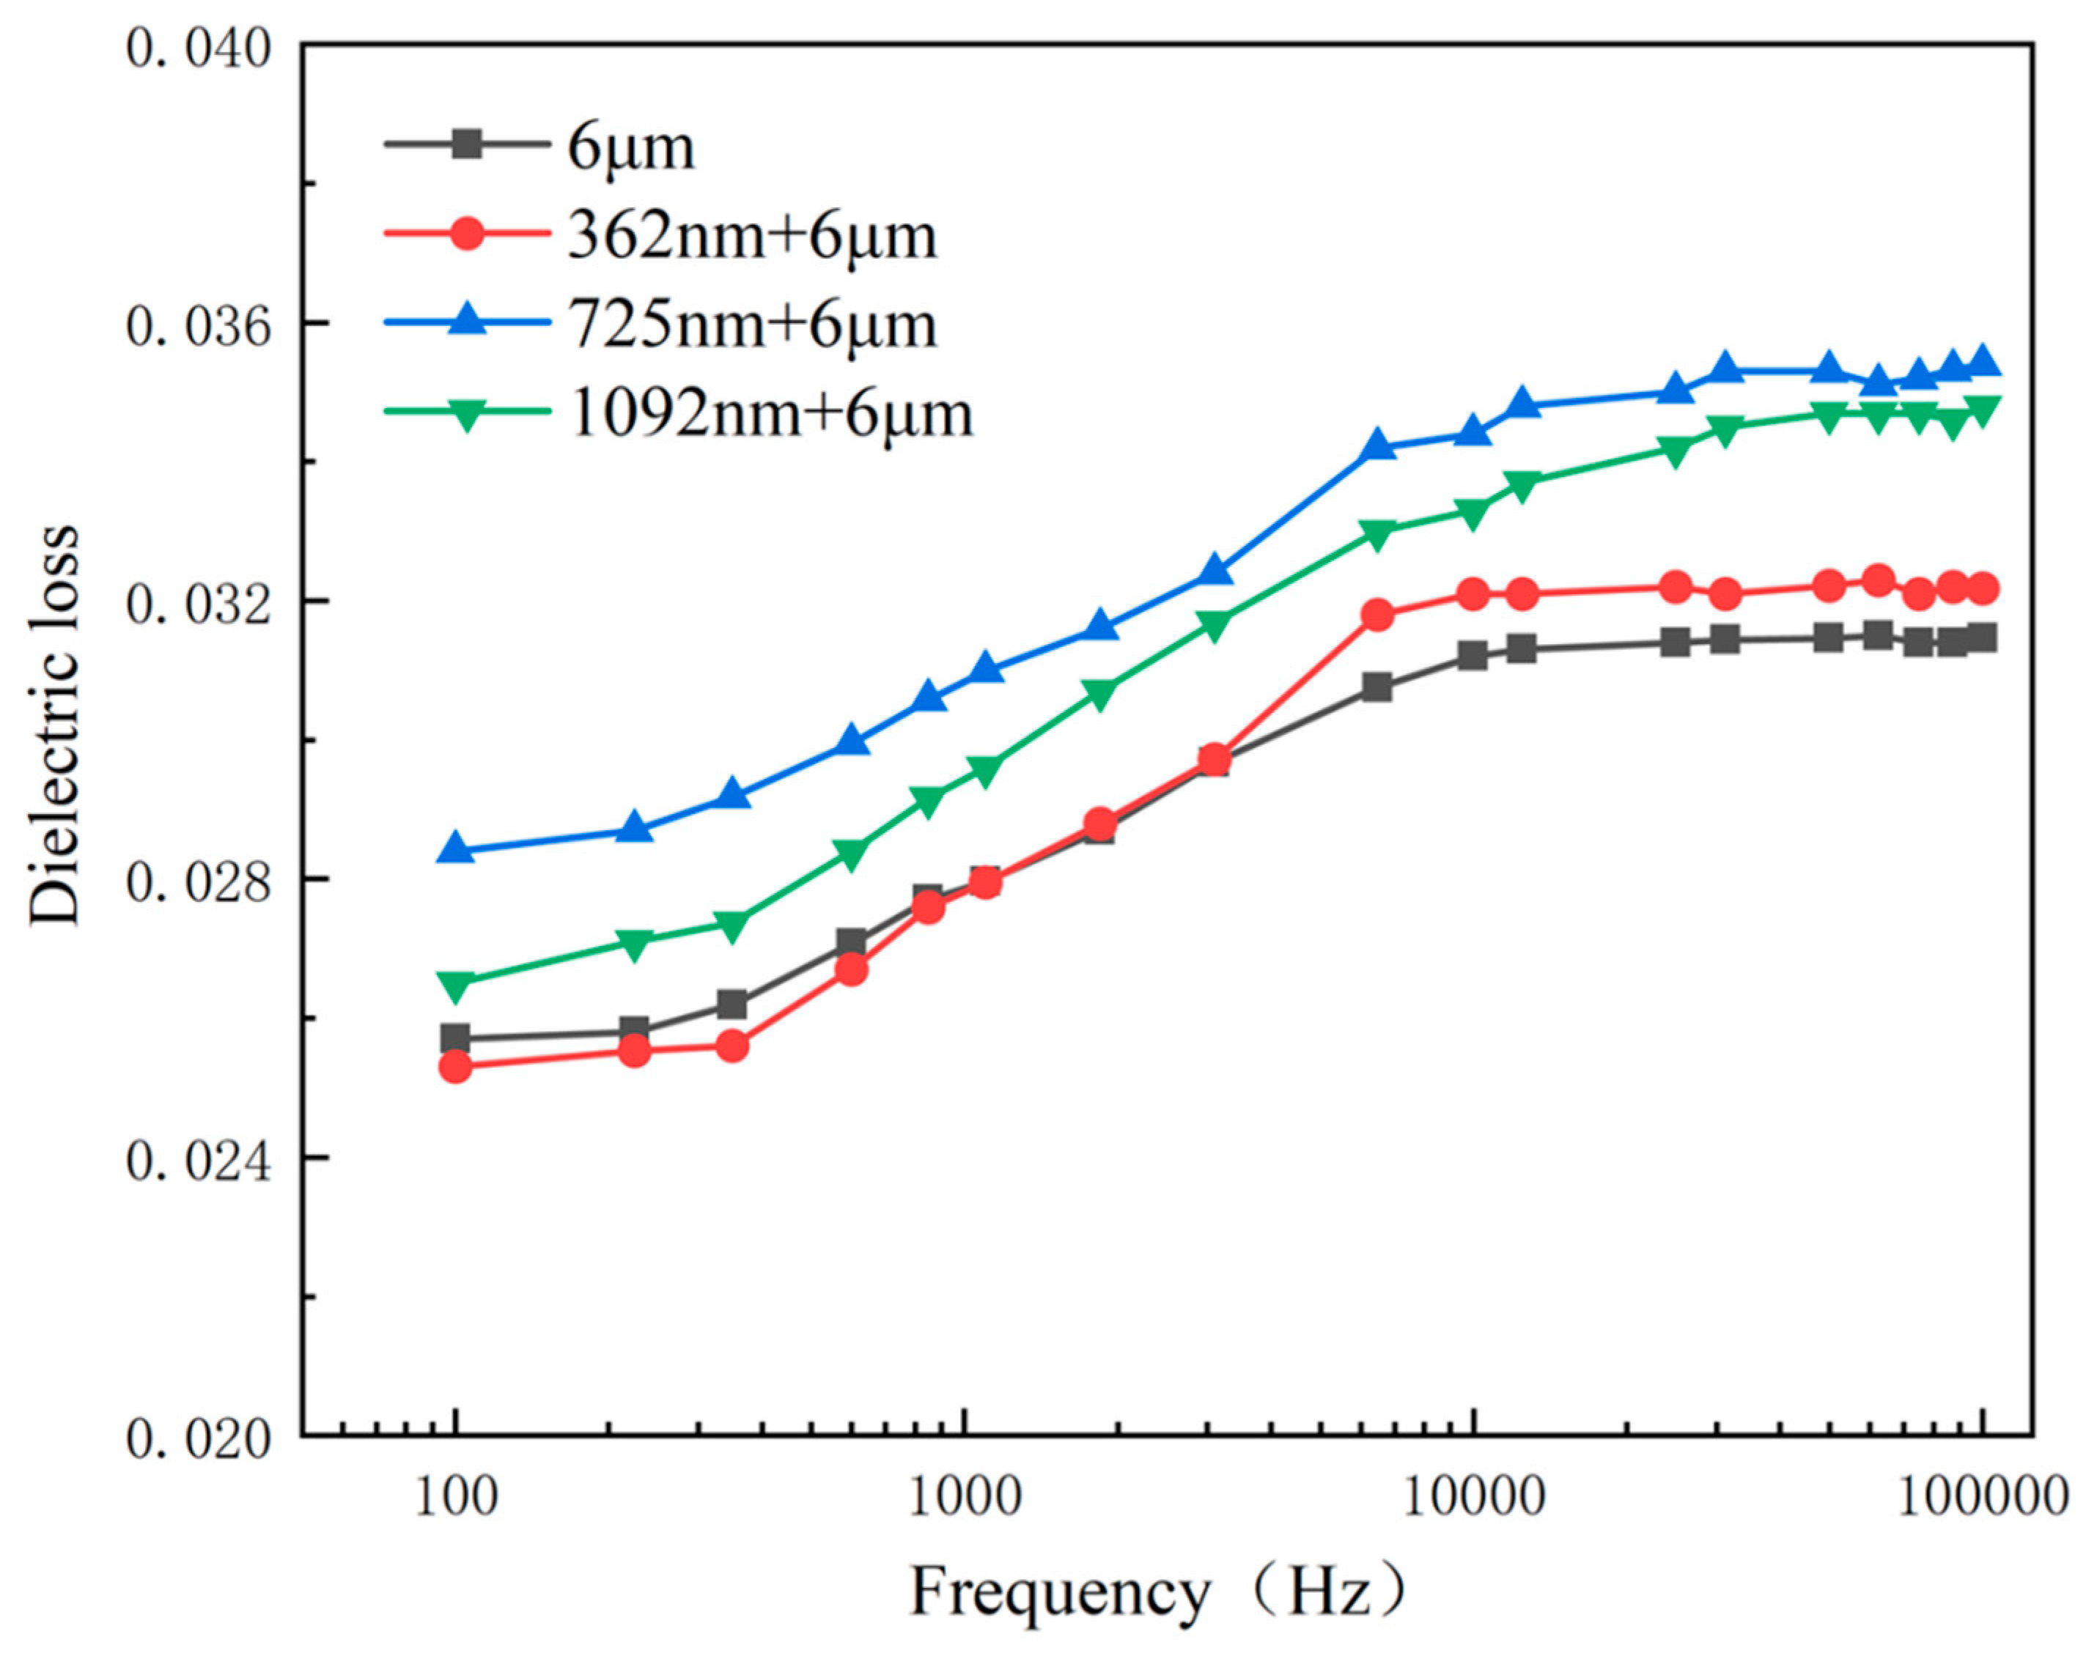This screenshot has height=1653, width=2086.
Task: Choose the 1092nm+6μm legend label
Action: pos(771,414)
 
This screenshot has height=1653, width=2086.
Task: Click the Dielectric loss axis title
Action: pos(54,725)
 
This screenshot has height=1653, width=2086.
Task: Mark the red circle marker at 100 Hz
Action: pos(456,1067)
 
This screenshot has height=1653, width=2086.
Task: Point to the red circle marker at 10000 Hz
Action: pos(1473,594)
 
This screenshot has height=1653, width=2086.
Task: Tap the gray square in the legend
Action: pos(468,146)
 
